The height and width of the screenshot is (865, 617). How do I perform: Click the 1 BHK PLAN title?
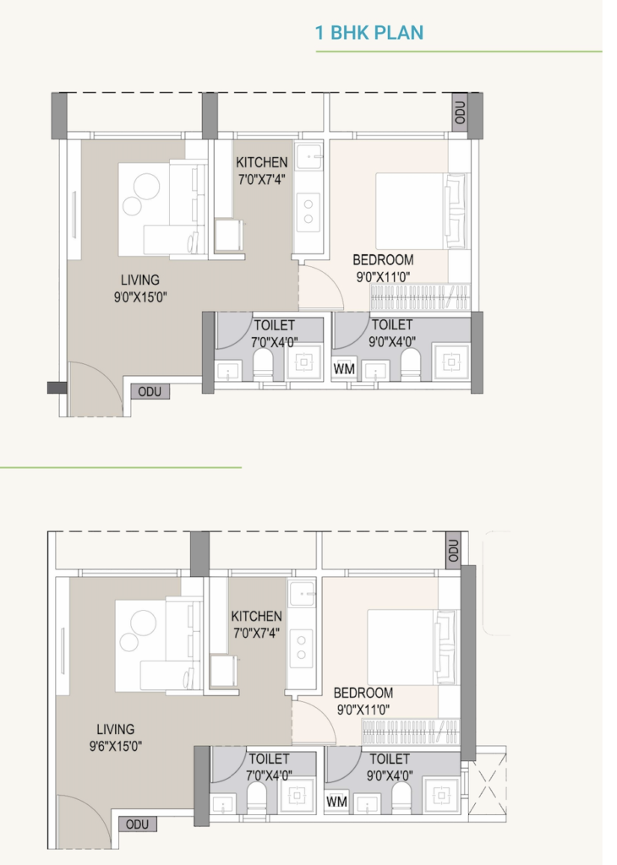click(369, 33)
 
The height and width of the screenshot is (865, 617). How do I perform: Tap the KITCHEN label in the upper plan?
click(261, 162)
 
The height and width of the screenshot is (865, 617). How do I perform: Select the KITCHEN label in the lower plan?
click(257, 616)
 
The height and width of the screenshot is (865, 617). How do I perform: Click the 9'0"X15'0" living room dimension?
click(140, 297)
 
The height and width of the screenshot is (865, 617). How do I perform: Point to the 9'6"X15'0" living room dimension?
click(115, 747)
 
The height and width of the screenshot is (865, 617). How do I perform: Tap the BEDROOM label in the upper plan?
click(383, 260)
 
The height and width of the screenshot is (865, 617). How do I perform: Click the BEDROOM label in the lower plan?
click(363, 693)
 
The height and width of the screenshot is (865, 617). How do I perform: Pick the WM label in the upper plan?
click(344, 368)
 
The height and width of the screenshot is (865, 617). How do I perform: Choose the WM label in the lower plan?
click(336, 801)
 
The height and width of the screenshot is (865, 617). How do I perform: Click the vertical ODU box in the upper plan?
click(461, 112)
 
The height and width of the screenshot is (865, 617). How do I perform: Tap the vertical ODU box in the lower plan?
click(453, 550)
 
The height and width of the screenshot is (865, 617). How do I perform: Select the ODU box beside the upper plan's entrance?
click(150, 392)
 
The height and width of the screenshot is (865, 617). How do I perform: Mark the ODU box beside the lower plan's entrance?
click(138, 824)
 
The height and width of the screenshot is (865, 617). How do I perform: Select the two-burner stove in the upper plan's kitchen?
click(308, 212)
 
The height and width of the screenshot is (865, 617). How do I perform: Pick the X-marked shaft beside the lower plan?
click(487, 785)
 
